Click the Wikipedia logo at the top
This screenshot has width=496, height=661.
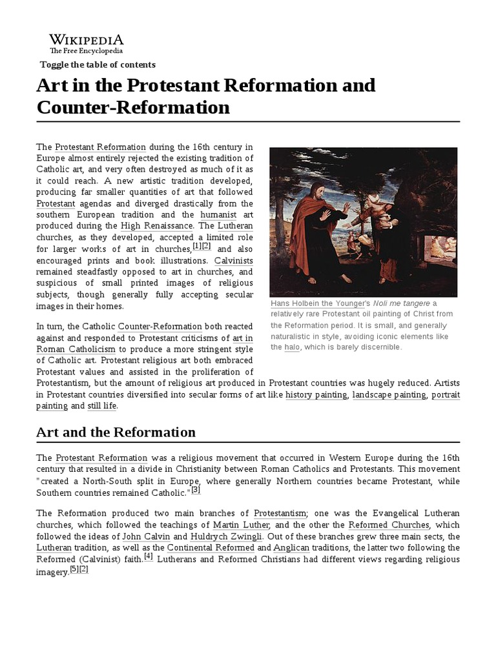pos(87,43)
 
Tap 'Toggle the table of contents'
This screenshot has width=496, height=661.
pos(98,65)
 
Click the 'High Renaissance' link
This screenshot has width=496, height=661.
pos(156,226)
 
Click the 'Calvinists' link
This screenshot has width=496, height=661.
pos(233,260)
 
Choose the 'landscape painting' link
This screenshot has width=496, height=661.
pos(389,394)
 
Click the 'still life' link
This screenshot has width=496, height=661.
pos(102,406)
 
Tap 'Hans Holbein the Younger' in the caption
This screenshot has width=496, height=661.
pos(311,303)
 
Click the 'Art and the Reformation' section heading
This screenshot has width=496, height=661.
pos(116,432)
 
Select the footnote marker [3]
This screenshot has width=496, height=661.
pos(196,490)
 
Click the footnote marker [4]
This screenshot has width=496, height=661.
pos(148,556)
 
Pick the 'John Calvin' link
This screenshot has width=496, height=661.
pos(145,536)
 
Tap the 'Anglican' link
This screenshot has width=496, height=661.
pos(290,547)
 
